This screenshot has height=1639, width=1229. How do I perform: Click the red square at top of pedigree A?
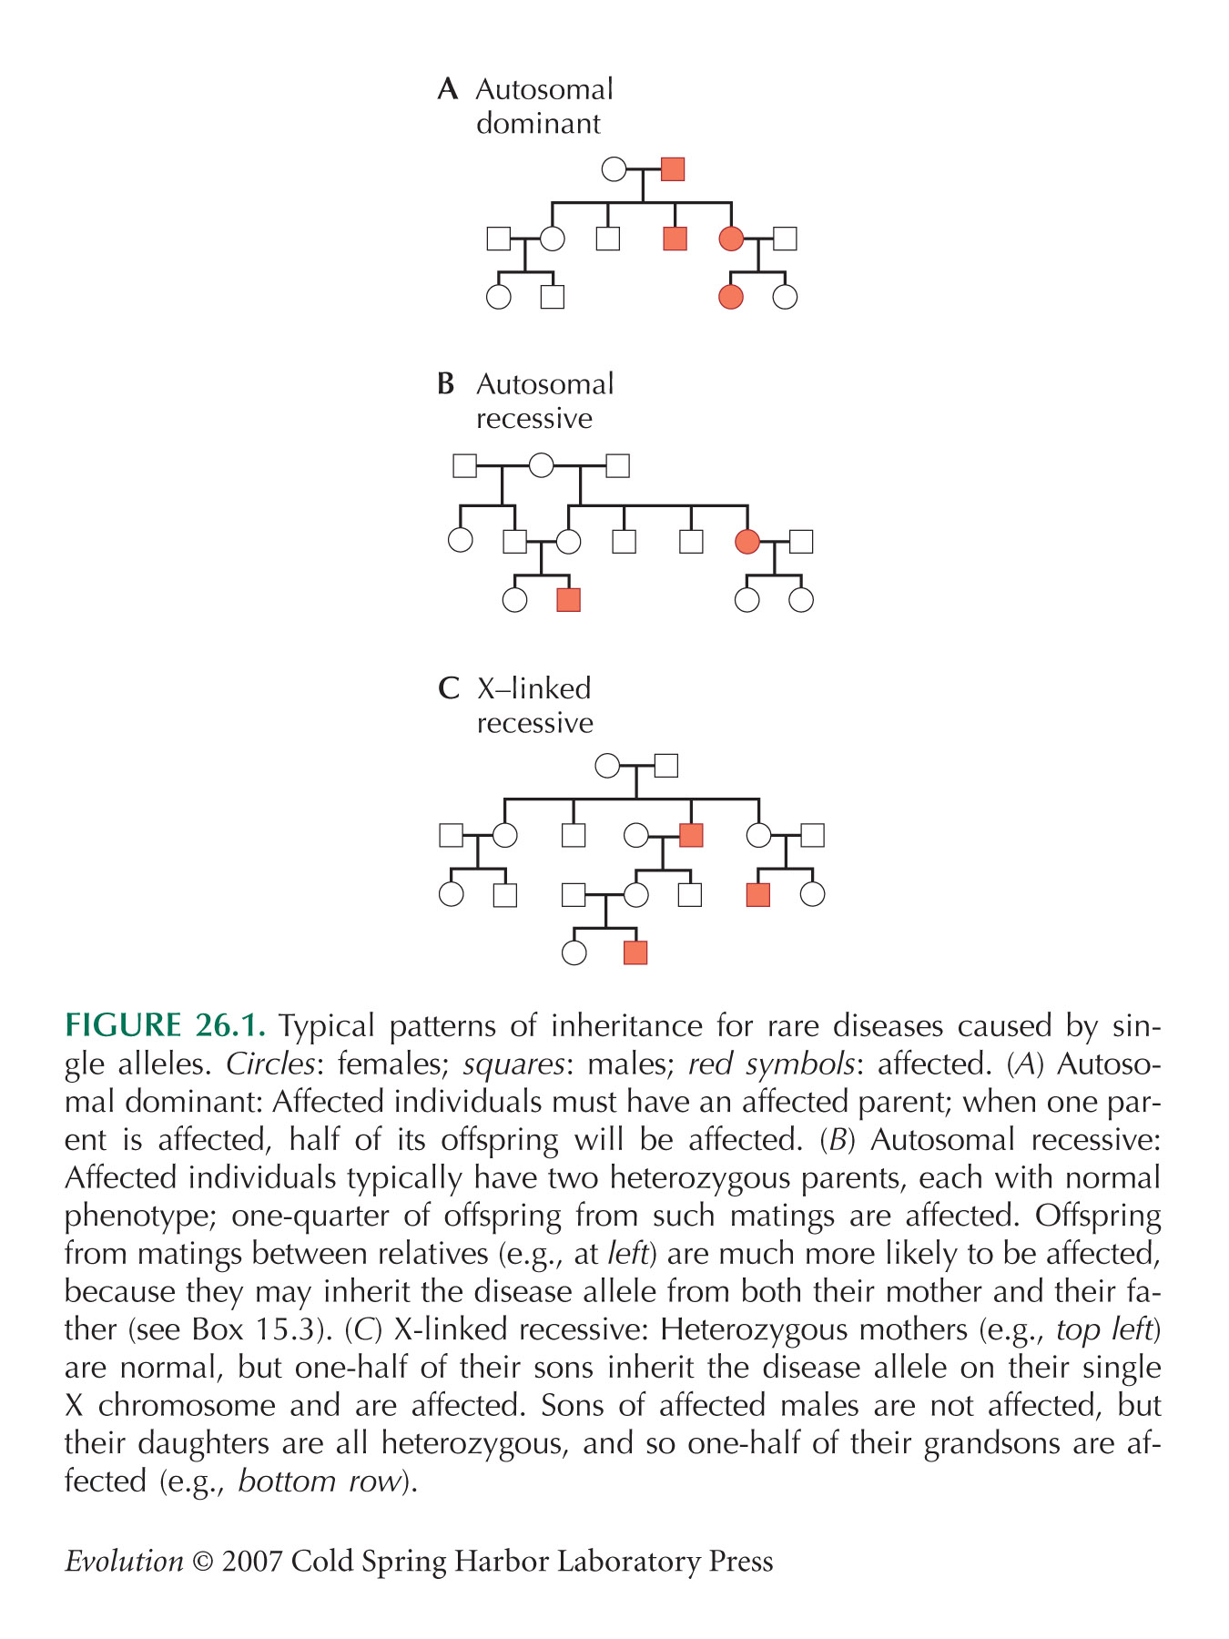tap(672, 169)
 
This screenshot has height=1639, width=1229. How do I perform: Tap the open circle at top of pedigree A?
tap(614, 169)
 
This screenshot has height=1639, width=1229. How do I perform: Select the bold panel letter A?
tap(447, 89)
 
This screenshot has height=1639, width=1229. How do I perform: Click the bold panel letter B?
tap(446, 384)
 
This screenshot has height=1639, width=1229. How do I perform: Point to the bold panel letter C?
tap(448, 688)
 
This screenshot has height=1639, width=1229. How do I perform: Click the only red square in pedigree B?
tap(568, 599)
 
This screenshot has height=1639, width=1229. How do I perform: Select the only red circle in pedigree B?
tap(747, 542)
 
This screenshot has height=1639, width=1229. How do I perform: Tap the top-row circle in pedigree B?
tap(542, 465)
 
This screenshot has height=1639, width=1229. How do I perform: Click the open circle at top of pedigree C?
tap(607, 766)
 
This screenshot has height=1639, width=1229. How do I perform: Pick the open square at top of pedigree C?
tap(665, 766)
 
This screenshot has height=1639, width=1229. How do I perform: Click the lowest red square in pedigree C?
tap(635, 952)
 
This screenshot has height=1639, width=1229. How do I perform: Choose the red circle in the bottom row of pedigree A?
tap(731, 297)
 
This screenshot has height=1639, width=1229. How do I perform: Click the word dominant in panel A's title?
tap(538, 124)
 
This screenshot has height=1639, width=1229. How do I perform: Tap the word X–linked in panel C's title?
tap(533, 688)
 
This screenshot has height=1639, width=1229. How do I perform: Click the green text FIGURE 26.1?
tap(166, 1026)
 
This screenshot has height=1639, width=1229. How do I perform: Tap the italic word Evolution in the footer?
tap(125, 1562)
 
